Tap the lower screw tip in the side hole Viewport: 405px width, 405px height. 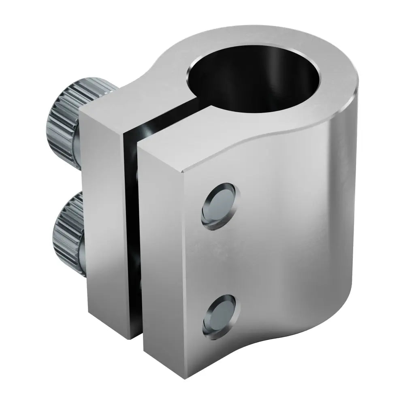pos(220,314)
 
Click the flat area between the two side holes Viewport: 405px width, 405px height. pos(221,259)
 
